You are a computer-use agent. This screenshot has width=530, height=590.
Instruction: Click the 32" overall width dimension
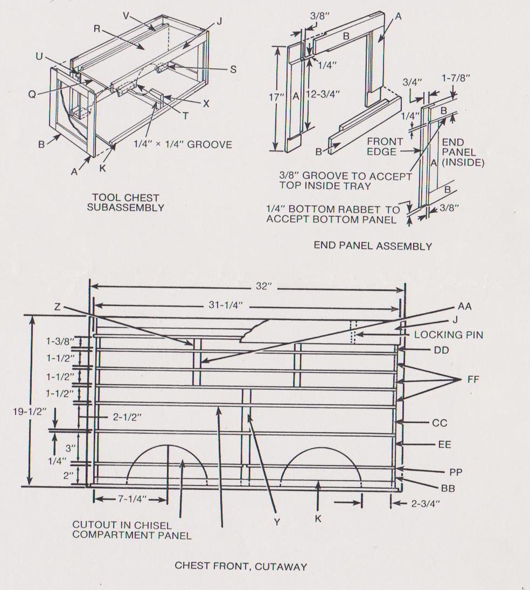tap(263, 286)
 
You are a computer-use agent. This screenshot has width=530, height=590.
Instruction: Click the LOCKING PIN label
tap(448, 335)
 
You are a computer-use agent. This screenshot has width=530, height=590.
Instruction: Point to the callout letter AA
tap(464, 307)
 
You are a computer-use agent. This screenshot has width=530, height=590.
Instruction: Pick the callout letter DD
tap(442, 350)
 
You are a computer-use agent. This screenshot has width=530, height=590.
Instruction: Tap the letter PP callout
tap(456, 472)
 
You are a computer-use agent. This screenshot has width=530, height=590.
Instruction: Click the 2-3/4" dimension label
tap(426, 503)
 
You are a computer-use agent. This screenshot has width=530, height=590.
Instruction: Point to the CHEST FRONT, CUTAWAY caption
tap(241, 566)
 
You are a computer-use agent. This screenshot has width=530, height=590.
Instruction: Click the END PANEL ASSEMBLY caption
tap(373, 246)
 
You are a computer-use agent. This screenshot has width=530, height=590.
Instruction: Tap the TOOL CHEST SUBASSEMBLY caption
tap(125, 202)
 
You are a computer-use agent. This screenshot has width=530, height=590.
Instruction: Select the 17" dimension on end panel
tap(279, 97)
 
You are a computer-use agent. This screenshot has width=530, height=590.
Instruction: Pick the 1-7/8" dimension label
tap(456, 78)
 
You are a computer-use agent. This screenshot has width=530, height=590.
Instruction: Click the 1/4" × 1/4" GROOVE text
tap(183, 145)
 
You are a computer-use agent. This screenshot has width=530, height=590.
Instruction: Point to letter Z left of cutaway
tap(57, 307)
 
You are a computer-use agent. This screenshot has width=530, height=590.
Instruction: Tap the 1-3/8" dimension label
tap(60, 341)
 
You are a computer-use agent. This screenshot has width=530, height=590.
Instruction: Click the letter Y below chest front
tap(277, 521)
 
